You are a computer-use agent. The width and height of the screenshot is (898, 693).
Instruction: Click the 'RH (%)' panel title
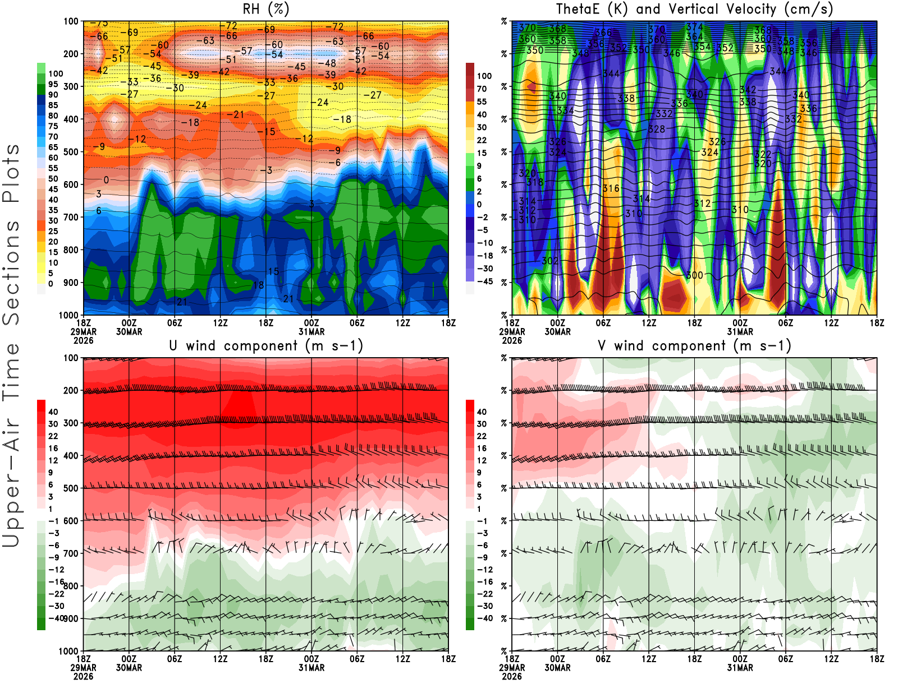[x=265, y=9]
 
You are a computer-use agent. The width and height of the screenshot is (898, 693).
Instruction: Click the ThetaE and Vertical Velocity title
[x=694, y=9]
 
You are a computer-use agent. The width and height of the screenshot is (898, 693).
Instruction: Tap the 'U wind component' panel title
[x=265, y=345]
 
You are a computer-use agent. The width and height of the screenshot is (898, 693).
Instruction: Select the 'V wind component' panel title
[x=694, y=345]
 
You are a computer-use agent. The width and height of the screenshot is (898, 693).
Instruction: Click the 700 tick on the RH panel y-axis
[x=71, y=217]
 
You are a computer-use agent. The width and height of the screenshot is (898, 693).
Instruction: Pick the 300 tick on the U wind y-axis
[x=71, y=423]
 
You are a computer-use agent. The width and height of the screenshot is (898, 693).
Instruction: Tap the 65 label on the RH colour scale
[x=53, y=147]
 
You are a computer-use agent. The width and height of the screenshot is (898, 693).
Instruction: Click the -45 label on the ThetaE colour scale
[x=484, y=281]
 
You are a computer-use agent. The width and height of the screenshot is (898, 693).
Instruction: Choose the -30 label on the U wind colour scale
[x=56, y=606]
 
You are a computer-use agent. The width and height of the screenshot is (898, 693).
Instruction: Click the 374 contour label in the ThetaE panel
[x=694, y=27]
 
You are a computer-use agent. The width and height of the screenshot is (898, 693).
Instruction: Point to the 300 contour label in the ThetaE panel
[x=694, y=275]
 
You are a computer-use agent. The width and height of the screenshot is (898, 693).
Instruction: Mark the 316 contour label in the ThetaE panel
[x=611, y=188]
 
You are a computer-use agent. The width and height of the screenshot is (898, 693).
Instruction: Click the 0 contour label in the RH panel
[x=106, y=180]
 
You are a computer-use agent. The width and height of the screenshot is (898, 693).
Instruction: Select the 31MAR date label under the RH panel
[x=311, y=332]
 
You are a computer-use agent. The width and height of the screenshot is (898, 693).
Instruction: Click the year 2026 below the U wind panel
[x=83, y=676]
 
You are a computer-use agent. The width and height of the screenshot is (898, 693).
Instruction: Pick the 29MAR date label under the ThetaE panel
[x=512, y=332]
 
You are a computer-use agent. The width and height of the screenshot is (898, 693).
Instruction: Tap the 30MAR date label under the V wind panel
[x=557, y=668]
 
